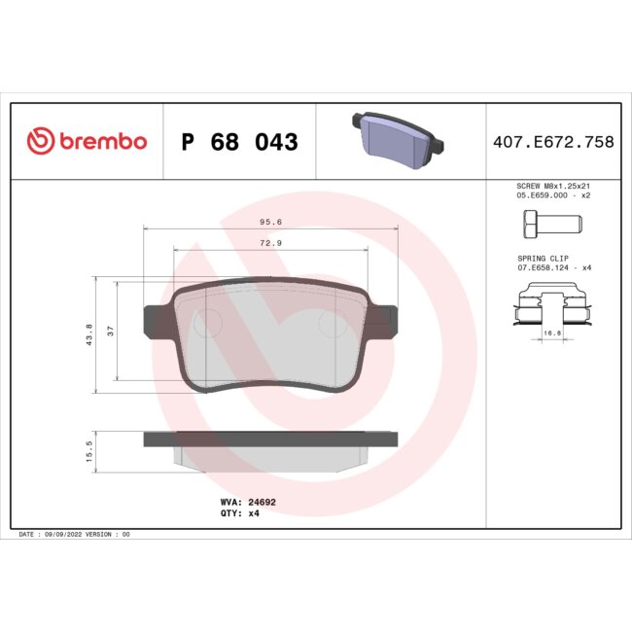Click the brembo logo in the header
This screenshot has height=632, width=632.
pyautogui.click(x=88, y=142)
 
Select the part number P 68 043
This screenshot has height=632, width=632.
pyautogui.click(x=239, y=143)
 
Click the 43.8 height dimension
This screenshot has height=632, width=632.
pyautogui.click(x=89, y=334)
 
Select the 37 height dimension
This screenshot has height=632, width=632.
pyautogui.click(x=110, y=332)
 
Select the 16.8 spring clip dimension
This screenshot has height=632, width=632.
pyautogui.click(x=552, y=333)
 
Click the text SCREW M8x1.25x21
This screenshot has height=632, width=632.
pyautogui.click(x=551, y=185)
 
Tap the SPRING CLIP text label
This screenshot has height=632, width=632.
pyautogui.click(x=542, y=258)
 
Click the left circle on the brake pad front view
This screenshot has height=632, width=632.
pyautogui.click(x=207, y=322)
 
